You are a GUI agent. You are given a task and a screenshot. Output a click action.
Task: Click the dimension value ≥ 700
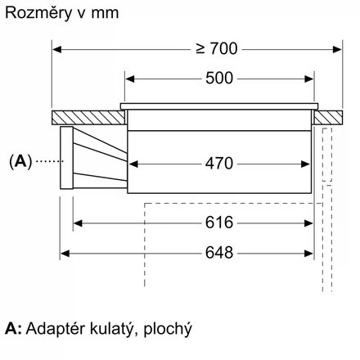coord(215,49)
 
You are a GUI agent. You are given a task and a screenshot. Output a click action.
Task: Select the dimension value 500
coord(218,79)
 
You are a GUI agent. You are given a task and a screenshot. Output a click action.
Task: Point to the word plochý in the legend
coord(169,330)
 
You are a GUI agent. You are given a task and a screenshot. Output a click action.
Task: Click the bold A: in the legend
coord(12,330)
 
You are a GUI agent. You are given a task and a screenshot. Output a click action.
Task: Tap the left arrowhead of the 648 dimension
coord(68,253)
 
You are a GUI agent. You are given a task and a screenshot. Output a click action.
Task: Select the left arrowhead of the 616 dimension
coord(79,223)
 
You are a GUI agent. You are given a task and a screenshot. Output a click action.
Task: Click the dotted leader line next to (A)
coord(49,161)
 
